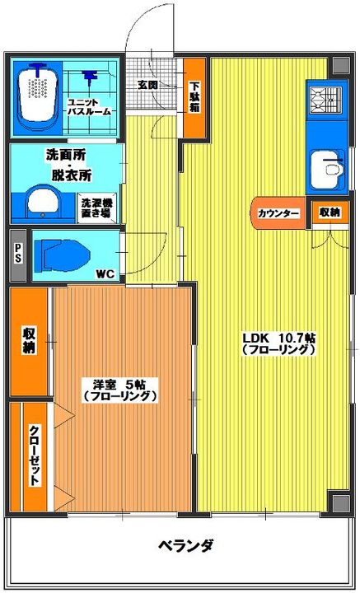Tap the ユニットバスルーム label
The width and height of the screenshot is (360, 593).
pyautogui.click(x=89, y=107)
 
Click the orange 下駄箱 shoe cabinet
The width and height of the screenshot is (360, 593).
pyautogui.click(x=194, y=97)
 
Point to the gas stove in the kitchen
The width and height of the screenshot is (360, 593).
pyautogui.click(x=326, y=100)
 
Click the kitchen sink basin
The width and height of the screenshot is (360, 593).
pyautogui.click(x=327, y=168)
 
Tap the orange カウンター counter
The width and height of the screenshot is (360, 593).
pyautogui.click(x=278, y=213)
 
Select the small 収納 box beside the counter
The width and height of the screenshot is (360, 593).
pyautogui.click(x=328, y=212)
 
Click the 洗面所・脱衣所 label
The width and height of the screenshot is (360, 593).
pyautogui.click(x=68, y=165)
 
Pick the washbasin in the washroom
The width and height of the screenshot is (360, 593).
pyautogui.click(x=43, y=200)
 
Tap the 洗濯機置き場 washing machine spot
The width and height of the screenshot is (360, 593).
pyautogui.click(x=96, y=208)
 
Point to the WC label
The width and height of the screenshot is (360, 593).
pyautogui.click(x=106, y=275)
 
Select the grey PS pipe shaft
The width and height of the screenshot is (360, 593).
pyautogui.click(x=18, y=255)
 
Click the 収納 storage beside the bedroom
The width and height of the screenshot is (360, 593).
pyautogui.click(x=29, y=342)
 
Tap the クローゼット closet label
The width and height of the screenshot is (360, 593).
pyautogui.click(x=35, y=456)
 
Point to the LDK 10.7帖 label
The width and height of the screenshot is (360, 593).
pyautogui.click(x=279, y=343)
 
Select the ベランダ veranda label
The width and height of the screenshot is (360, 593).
pyautogui.click(x=185, y=546)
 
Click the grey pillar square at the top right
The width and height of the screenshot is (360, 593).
pyautogui.click(x=341, y=65)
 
